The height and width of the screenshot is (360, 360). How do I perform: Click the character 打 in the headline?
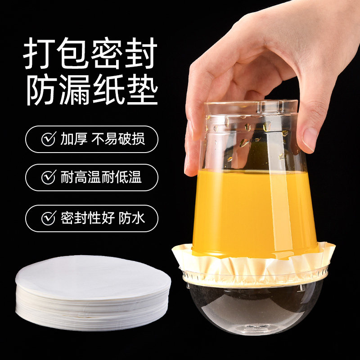tap(39, 53)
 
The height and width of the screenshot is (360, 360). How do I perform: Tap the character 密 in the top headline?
tap(107, 53)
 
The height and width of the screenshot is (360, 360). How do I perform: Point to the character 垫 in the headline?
tap(142, 90)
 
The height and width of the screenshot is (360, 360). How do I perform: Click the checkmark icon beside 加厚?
tap(49, 139)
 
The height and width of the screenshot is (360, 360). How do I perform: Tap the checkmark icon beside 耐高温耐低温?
tap(49, 177)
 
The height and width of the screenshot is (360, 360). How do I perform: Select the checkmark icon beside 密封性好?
tap(49, 218)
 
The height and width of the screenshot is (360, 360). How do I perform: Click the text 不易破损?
tap(118, 139)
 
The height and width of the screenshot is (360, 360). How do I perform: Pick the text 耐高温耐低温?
tap(101, 177)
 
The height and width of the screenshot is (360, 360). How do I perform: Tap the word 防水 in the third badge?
tap(132, 218)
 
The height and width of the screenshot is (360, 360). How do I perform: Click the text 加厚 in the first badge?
tap(74, 139)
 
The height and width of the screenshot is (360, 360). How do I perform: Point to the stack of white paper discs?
tap(93, 292)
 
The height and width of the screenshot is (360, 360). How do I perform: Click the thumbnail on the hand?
tap(310, 140)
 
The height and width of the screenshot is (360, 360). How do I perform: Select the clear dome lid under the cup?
tap(255, 308)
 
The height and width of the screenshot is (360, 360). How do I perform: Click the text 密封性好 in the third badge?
tap(87, 218)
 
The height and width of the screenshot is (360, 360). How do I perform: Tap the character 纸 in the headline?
tap(108, 90)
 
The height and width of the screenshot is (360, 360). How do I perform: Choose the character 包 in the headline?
tap(73, 53)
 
